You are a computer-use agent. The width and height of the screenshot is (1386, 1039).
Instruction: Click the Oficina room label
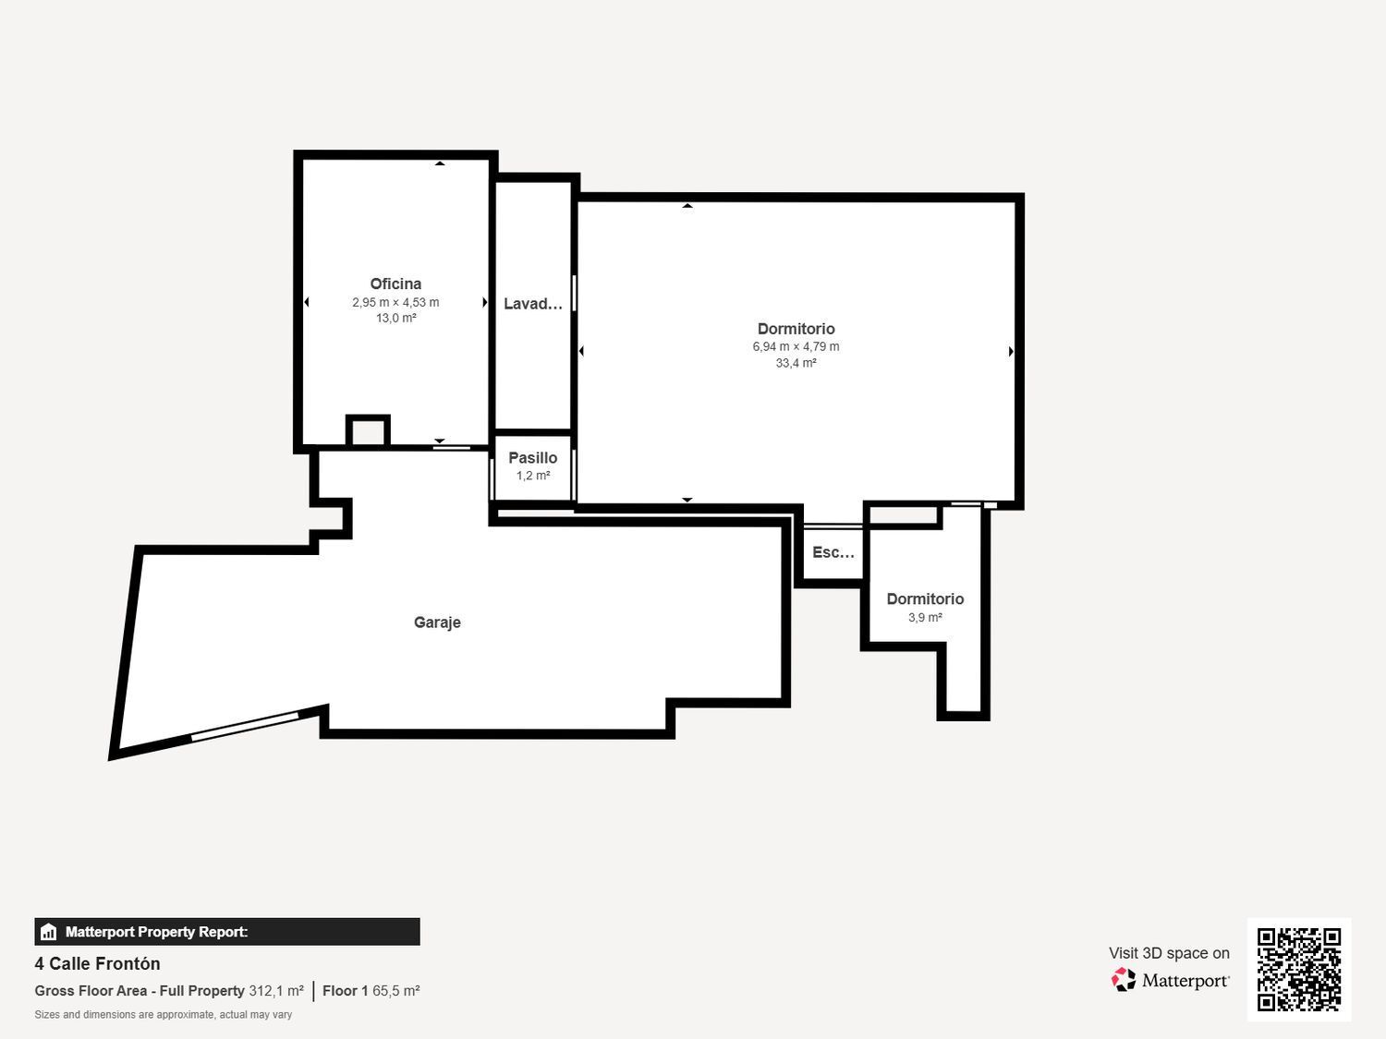395,284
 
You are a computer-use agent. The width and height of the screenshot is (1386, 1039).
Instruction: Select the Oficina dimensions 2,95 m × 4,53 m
395,302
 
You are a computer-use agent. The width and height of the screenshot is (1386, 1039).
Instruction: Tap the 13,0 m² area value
395,319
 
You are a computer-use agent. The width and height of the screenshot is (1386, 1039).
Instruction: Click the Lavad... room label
533,304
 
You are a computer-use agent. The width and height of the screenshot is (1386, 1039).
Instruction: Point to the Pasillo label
533,458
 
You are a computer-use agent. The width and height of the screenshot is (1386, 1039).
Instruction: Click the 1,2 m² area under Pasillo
533,476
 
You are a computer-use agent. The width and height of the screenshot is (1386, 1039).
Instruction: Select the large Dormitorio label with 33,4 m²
796,329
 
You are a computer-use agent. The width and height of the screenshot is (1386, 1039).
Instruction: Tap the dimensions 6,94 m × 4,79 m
796,347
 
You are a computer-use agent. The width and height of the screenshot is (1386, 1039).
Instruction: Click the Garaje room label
437,622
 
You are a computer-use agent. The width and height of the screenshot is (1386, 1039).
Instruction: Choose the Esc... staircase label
833,552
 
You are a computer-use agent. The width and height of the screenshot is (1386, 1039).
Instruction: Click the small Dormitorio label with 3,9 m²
925,599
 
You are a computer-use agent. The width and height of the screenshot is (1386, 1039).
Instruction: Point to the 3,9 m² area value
925,618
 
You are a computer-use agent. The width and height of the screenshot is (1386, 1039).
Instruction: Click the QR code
1298,969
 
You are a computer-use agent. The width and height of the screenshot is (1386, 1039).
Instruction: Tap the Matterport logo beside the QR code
1170,980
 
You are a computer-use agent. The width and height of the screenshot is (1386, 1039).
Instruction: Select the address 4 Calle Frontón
98,963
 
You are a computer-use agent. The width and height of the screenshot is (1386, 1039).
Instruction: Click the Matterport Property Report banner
227,932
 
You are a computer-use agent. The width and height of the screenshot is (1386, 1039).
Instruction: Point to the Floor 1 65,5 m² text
371,991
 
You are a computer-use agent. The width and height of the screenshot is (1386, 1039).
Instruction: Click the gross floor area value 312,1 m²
276,991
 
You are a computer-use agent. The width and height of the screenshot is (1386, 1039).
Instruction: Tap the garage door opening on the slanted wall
245,726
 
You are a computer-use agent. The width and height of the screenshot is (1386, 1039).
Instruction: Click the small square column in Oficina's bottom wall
368,431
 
